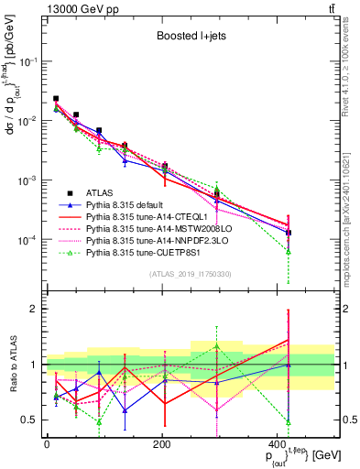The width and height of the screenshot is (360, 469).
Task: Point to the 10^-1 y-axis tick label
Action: point(28,61)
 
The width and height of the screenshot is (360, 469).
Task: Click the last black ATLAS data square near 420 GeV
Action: point(289,233)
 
